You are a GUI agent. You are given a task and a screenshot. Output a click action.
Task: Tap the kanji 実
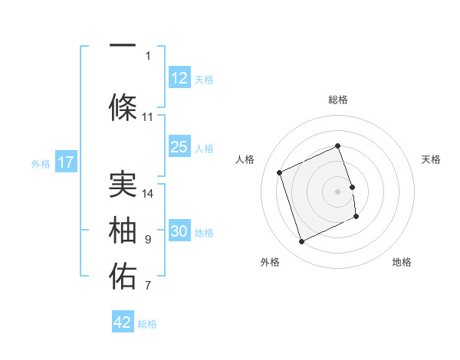coord(123,183)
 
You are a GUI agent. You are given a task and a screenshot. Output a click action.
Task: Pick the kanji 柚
coord(123,231)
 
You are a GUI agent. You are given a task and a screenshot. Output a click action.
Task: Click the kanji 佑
coord(123,277)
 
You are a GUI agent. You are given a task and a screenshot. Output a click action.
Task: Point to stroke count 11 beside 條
coord(148,117)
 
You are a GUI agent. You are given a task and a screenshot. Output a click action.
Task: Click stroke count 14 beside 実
coord(148,193)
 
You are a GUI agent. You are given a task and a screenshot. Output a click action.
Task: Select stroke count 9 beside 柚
coord(148,240)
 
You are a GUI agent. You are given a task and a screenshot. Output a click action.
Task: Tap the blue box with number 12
coord(179,78)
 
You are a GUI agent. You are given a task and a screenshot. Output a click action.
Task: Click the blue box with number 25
coord(179,147)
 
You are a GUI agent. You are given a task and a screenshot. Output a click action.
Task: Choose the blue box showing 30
coord(179,231)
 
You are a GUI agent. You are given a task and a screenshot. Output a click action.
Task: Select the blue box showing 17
coord(65,162)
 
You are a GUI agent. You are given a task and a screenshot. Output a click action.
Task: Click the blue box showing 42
coord(123,322)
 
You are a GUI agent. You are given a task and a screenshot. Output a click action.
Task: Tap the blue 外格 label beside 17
coord(40,163)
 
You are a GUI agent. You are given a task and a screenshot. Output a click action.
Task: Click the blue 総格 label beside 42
coord(147,324)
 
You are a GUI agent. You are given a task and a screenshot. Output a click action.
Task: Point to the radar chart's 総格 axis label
coord(338,100)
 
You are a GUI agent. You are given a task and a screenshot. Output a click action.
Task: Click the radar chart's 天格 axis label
coord(431,159)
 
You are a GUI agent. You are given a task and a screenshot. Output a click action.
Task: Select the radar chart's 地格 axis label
coord(402,262)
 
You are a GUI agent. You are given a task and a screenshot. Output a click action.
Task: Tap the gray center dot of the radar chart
coord(338,191)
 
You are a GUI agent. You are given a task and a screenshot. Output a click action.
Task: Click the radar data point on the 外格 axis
coord(301,241)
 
